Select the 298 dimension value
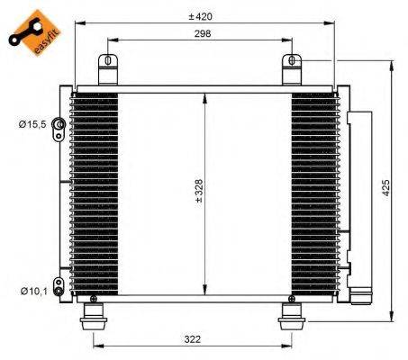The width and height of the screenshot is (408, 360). click(202, 33)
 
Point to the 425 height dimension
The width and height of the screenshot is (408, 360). click(385, 187)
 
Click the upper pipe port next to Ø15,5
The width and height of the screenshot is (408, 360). click(59, 125)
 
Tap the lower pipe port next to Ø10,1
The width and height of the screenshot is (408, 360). click(58, 288)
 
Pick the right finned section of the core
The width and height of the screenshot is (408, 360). click(313, 193)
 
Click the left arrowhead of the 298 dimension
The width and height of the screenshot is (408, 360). click(111, 40)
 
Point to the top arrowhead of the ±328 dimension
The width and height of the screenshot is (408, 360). click(206, 97)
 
